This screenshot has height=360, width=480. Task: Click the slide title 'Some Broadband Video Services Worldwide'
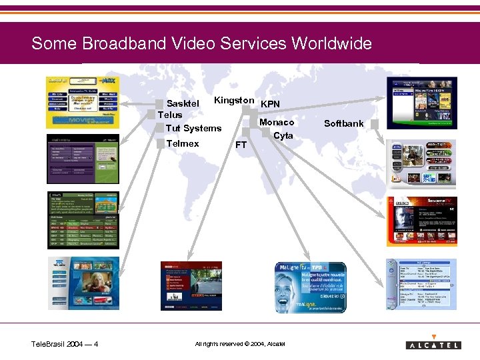pyautogui.click(x=201, y=44)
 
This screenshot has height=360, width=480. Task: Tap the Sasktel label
pyautogui.click(x=183, y=103)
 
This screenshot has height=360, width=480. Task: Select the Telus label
pyautogui.click(x=170, y=115)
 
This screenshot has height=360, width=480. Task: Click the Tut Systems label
pyautogui.click(x=193, y=128)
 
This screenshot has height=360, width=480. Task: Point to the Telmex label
pyautogui.click(x=183, y=143)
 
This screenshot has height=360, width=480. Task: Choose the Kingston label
pyautogui.click(x=234, y=101)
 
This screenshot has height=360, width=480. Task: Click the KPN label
pyautogui.click(x=270, y=104)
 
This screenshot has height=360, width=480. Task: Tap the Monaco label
pyautogui.click(x=277, y=122)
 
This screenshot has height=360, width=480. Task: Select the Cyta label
pyautogui.click(x=283, y=135)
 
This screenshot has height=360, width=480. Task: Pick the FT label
pyautogui.click(x=241, y=145)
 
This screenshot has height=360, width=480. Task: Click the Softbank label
pyautogui.click(x=344, y=123)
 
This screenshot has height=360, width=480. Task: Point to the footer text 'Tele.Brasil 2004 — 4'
pyautogui.click(x=65, y=344)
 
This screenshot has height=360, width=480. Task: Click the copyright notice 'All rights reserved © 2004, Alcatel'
pyautogui.click(x=240, y=344)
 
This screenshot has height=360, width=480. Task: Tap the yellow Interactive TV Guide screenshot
pyautogui.click(x=83, y=103)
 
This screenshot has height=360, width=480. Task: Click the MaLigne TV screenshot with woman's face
pyautogui.click(x=311, y=287)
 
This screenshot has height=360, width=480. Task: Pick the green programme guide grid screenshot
pyautogui.click(x=83, y=220)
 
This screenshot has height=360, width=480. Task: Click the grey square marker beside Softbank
pyautogui.click(x=375, y=124)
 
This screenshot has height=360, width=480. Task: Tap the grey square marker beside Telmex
pyautogui.click(x=160, y=143)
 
